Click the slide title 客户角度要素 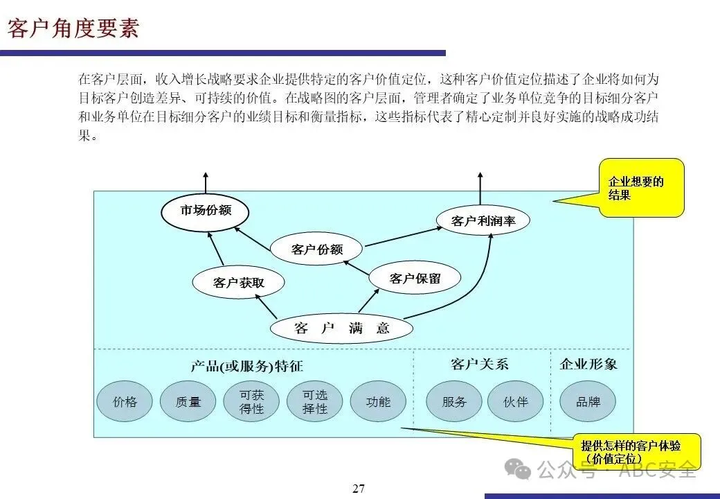(73, 28)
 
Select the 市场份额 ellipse (206, 211)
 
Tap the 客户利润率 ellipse (483, 221)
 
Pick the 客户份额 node (317, 249)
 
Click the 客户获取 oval (239, 282)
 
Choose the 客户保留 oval (415, 279)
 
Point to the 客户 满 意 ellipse (341, 329)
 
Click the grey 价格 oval (125, 401)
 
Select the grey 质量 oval (188, 401)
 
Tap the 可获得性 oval (252, 401)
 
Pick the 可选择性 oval (315, 401)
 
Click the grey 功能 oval (378, 401)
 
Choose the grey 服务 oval (454, 401)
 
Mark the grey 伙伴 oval (516, 401)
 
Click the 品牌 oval (588, 401)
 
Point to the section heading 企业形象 (588, 364)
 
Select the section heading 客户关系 (479, 364)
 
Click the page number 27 (359, 489)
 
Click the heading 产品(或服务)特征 (247, 366)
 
